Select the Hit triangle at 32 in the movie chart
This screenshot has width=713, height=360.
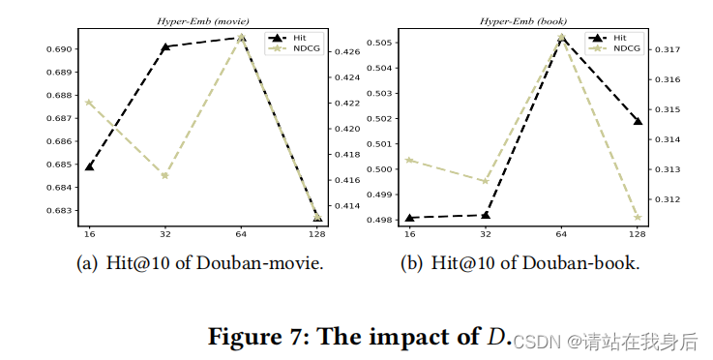[x=165, y=46]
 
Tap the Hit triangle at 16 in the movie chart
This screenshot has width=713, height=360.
[x=90, y=165]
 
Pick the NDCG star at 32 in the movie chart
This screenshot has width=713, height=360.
[x=165, y=175]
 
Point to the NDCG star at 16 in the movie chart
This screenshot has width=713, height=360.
[x=90, y=102]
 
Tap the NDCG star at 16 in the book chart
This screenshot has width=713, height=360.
[x=409, y=160]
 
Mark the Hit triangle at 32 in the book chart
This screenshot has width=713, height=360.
[x=486, y=215]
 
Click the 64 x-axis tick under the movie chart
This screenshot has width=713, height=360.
[x=241, y=234]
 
